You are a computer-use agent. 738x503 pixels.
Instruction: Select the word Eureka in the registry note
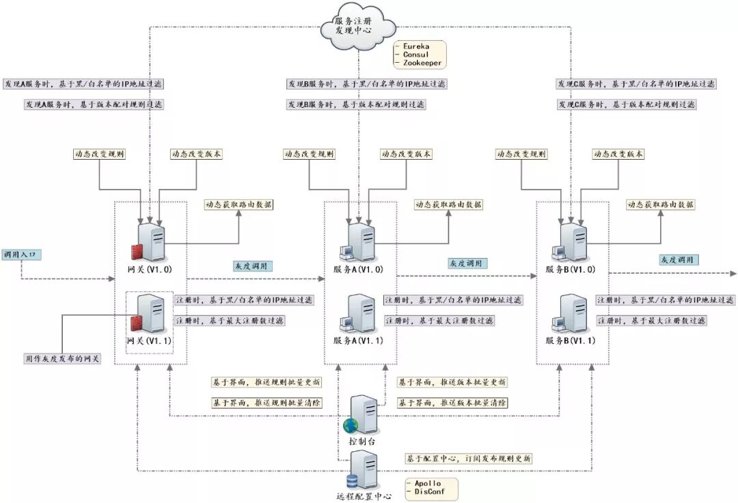pos(418,45)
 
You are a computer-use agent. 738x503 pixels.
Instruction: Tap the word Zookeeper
pos(423,63)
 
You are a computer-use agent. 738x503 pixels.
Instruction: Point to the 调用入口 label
pos(23,255)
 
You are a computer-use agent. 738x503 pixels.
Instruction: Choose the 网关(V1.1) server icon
pos(148,314)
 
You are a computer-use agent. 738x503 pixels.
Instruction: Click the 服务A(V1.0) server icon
pos(359,242)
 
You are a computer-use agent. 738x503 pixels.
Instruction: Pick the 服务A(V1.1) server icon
pos(359,314)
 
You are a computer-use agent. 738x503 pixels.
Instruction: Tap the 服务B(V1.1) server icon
pos(572,314)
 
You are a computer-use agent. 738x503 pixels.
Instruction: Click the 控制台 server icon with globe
pos(362,415)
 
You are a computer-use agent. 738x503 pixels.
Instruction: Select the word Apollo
pos(428,483)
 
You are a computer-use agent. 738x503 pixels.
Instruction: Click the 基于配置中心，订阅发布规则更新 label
pos(468,459)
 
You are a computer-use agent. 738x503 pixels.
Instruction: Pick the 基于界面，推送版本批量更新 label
pos(452,382)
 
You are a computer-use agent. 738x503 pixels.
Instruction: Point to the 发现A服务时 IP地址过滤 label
pos(83,84)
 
